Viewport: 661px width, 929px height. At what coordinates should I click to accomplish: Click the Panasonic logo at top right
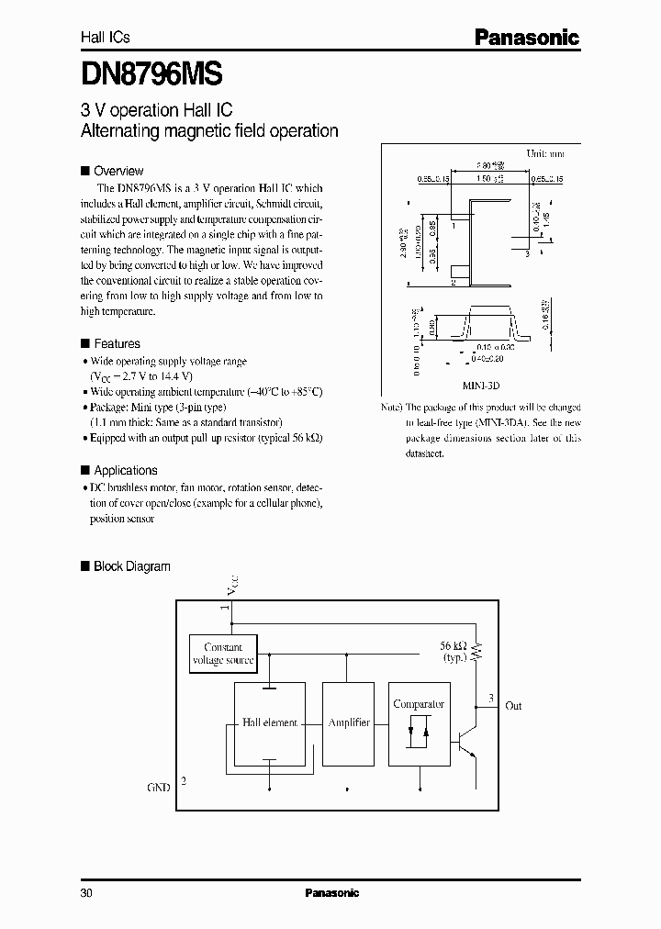click(x=526, y=37)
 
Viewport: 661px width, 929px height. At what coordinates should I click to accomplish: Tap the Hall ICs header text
click(x=106, y=38)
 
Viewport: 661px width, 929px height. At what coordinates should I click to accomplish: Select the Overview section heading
click(x=118, y=171)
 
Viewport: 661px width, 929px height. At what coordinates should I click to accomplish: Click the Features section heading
click(x=117, y=344)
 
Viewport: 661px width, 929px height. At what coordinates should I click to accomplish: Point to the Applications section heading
click(x=126, y=470)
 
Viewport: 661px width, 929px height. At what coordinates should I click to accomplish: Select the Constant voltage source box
click(x=223, y=654)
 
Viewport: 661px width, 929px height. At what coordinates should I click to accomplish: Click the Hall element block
click(x=269, y=723)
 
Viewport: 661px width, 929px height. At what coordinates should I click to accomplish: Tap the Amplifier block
click(x=349, y=723)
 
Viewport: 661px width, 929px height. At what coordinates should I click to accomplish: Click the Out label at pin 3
click(x=513, y=706)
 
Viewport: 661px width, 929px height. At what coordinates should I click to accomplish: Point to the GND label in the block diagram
click(x=159, y=788)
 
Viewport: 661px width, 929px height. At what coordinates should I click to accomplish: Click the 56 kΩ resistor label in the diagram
click(x=454, y=646)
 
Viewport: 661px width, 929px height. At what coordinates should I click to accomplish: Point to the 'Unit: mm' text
click(x=543, y=153)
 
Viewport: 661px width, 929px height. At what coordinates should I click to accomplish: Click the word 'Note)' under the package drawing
click(x=392, y=407)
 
